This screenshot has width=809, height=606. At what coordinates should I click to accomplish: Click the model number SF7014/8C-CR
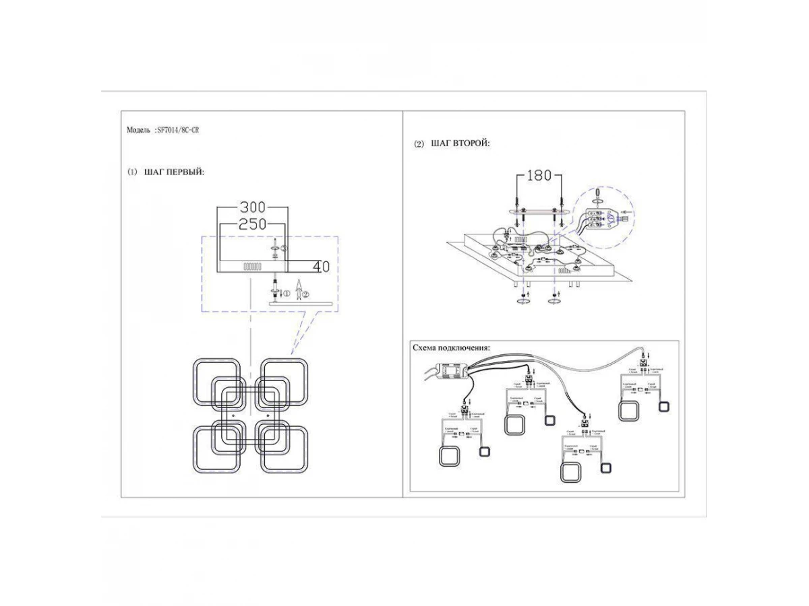pos(177,130)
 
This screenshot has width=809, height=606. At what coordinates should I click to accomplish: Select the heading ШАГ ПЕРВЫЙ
pos(174,172)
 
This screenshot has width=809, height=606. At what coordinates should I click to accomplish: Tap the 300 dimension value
pos(253,207)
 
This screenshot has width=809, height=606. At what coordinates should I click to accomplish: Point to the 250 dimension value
pos(253,224)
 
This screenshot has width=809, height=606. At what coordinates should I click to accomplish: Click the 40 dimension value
pos(322,267)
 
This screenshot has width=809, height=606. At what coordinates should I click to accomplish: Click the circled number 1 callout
pos(286,294)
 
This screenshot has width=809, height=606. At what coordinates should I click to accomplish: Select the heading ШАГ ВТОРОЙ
pos(460,143)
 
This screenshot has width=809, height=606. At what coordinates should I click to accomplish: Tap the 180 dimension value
pos(539,176)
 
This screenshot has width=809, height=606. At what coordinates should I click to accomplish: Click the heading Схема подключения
pos(451,347)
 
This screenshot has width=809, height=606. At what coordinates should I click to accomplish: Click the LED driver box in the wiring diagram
pos(454,370)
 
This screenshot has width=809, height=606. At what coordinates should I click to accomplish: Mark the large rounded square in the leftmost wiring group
pos(449,457)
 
